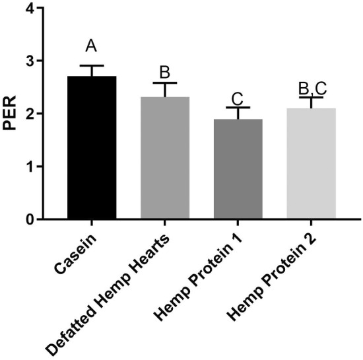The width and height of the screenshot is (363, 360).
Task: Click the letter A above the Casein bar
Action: [92, 46]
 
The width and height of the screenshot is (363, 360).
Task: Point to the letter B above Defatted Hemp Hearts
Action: [165, 71]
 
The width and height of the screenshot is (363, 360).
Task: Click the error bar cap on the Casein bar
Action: [92, 65]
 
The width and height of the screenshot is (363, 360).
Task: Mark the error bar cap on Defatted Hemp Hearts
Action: [165, 83]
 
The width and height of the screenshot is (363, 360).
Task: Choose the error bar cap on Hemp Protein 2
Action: [312, 97]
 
